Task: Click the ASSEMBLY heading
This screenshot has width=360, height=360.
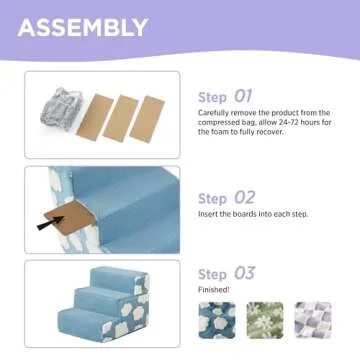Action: [82, 28]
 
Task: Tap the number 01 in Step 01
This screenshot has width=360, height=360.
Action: [243, 96]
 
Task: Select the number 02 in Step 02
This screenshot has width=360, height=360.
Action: [243, 198]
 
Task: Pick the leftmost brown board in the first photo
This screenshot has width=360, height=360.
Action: [96, 116]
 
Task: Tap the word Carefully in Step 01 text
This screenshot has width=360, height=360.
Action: [214, 113]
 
